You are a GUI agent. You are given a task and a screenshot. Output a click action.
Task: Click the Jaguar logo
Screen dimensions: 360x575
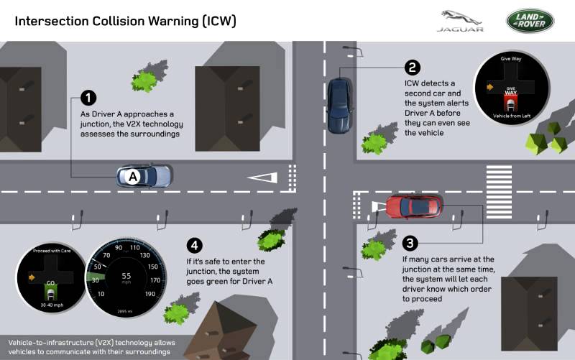(459, 21)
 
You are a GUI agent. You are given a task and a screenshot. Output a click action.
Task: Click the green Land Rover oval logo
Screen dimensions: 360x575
(530, 21)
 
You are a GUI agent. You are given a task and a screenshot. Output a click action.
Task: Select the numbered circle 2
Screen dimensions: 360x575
(412, 68)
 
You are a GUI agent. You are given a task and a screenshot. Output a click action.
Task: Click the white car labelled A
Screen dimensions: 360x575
(145, 176)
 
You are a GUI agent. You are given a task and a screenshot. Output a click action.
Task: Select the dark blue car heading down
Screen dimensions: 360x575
(340, 105)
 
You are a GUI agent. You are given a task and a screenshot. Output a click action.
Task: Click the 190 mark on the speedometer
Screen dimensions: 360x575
(150, 294)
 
